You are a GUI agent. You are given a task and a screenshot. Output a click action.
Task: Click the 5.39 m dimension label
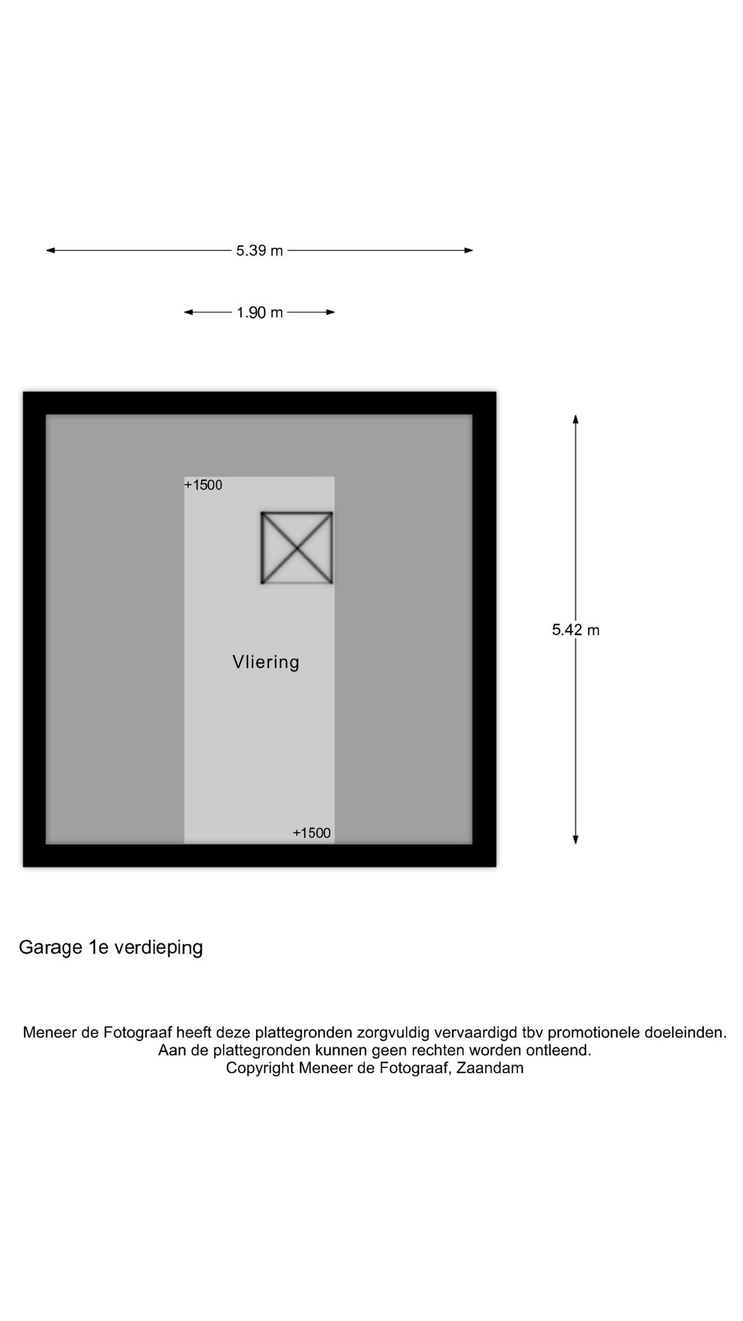[259, 250]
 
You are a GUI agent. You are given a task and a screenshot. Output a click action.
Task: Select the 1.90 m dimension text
[259, 312]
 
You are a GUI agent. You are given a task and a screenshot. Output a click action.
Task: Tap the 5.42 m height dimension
[576, 630]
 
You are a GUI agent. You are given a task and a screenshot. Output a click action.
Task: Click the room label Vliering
[266, 662]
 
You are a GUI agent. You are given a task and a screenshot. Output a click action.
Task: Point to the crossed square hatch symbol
[297, 548]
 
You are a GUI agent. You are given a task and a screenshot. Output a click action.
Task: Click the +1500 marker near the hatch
[203, 485]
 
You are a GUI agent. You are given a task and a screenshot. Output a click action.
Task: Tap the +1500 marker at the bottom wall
[312, 833]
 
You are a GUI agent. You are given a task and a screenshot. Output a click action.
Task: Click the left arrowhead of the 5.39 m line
[50, 250]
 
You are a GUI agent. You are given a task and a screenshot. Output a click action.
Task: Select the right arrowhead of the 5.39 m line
[469, 250]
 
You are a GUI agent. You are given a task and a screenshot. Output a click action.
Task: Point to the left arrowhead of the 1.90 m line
[188, 312]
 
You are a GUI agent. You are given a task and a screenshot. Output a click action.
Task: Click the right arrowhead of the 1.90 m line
[331, 312]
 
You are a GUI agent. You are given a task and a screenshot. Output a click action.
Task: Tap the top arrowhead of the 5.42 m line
[576, 419]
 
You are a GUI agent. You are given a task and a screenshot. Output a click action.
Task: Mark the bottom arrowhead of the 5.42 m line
[576, 839]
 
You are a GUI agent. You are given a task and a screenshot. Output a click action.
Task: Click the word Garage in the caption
[51, 948]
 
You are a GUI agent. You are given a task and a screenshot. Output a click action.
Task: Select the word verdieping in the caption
[158, 948]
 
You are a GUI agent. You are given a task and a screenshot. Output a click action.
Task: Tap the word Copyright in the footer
[260, 1068]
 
